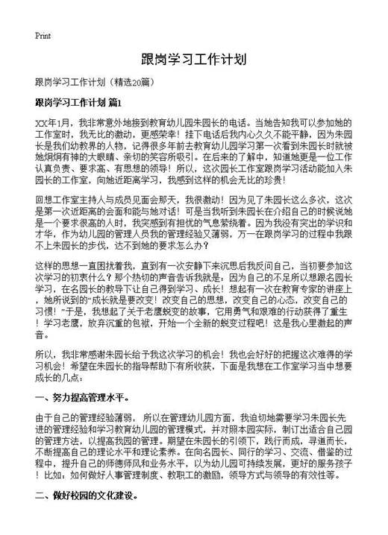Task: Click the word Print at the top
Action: pos(43,35)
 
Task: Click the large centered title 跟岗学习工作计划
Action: pos(193,60)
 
